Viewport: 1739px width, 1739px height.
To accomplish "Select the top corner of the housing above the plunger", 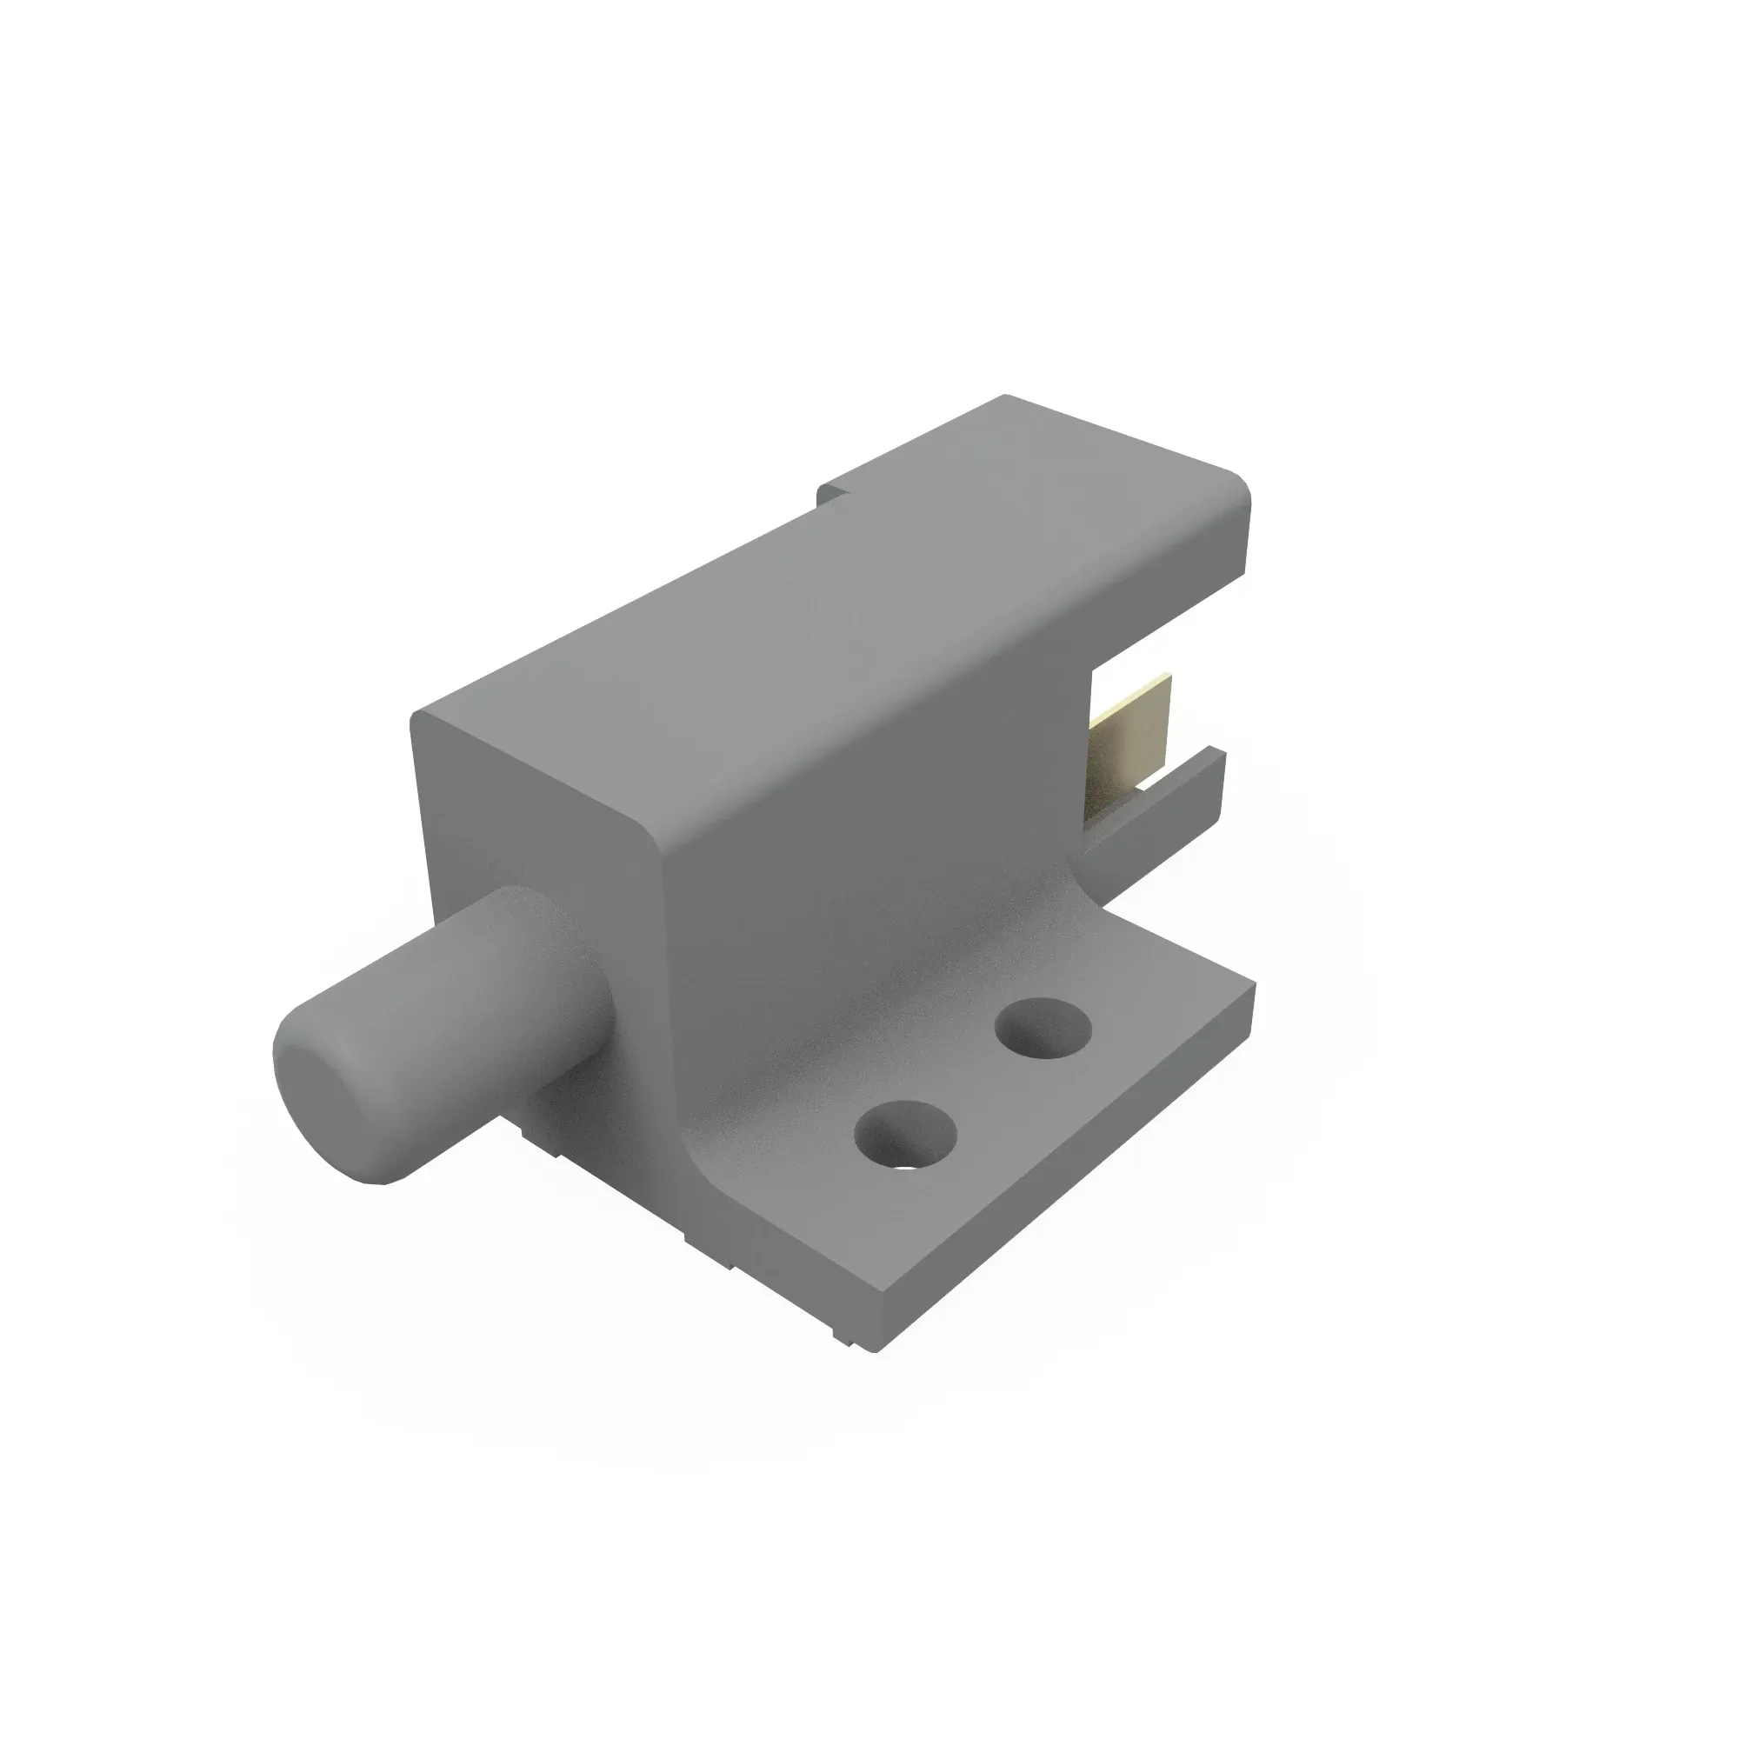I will click(x=419, y=720).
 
